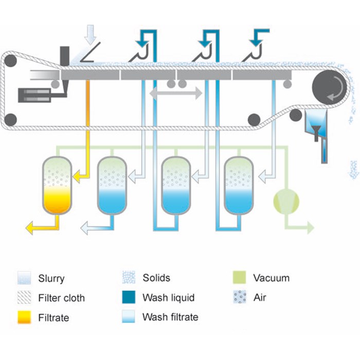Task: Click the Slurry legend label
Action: (x=51, y=279)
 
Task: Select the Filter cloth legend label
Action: (x=61, y=298)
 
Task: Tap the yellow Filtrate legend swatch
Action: (x=24, y=317)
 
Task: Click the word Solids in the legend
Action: (x=156, y=278)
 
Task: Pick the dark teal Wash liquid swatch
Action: (x=128, y=298)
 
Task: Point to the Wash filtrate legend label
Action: (x=170, y=317)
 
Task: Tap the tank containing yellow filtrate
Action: (x=57, y=185)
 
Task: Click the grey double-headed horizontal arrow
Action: (x=175, y=94)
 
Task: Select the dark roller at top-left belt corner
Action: (x=11, y=62)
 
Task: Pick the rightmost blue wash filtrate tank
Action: (x=239, y=185)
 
